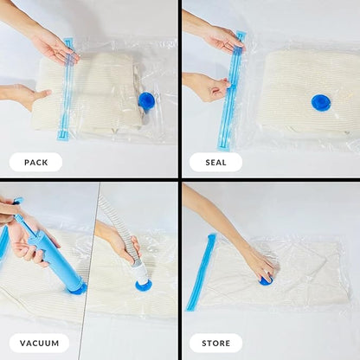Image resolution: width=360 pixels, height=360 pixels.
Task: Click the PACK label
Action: [35, 162]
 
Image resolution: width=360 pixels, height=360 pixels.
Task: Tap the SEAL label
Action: [215, 162]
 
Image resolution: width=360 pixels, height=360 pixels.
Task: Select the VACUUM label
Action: [39, 343]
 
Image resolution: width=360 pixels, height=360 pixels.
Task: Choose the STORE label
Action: [215, 343]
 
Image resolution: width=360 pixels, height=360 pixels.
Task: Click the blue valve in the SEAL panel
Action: [321, 102]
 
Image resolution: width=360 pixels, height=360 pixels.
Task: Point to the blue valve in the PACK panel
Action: [146, 100]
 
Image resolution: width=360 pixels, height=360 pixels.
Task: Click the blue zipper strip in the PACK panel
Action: [67, 91]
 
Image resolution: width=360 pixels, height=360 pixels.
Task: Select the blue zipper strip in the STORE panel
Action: [200, 273]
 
